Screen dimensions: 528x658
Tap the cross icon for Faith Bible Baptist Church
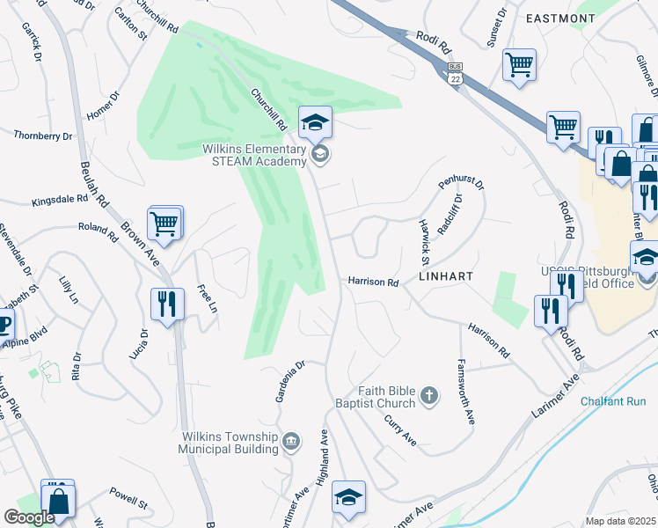(x=429, y=396)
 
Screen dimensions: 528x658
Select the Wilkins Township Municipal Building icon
(x=291, y=441)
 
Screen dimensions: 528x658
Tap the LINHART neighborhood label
(x=446, y=276)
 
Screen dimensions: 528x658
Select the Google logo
(x=29, y=517)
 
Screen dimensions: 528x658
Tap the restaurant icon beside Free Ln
(x=167, y=304)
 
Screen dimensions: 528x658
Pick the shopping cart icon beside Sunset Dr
(x=520, y=63)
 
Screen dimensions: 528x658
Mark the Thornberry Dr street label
(x=43, y=136)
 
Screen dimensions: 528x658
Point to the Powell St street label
(x=128, y=498)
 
